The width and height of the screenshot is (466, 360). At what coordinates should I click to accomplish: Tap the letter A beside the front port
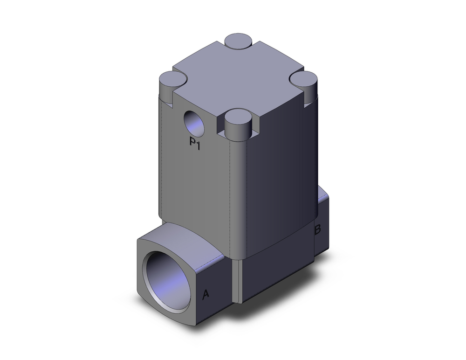(206, 294)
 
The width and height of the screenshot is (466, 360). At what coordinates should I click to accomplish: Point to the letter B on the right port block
(317, 229)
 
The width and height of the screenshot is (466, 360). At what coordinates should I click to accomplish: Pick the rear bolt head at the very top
(238, 41)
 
